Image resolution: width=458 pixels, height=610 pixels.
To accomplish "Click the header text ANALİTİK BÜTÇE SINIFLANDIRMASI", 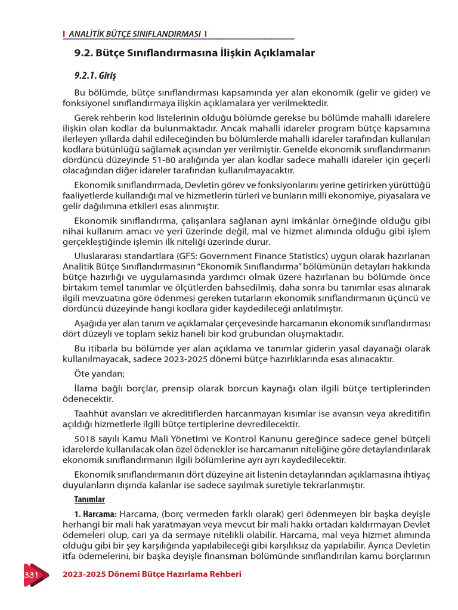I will coord(135,34).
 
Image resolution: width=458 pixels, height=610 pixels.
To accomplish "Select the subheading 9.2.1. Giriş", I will coord(95,76).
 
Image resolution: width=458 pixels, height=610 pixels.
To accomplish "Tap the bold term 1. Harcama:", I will coord(95,513).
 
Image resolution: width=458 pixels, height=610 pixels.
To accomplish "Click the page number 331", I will coord(31,574).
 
